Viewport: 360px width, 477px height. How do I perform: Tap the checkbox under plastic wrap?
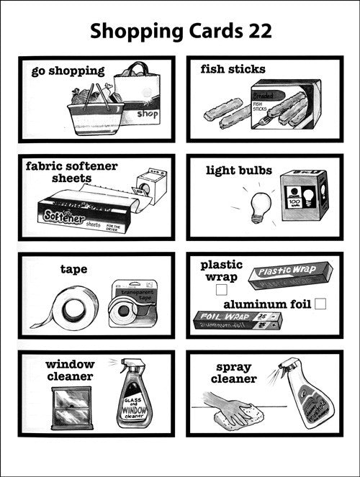(222, 289)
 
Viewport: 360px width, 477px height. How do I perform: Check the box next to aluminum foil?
(320, 304)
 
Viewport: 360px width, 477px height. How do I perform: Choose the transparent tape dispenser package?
(132, 305)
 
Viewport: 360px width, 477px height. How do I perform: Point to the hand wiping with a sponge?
(230, 407)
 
